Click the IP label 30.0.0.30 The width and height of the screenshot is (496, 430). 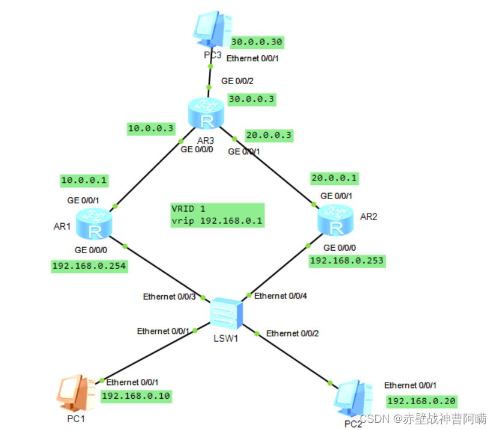[257, 42]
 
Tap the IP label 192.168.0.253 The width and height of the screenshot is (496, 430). [346, 260]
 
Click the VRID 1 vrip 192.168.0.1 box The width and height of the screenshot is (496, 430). [217, 215]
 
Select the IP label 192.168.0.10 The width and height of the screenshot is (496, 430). [136, 395]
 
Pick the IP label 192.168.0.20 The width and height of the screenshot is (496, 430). [421, 401]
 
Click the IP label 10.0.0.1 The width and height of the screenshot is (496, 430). [84, 179]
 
